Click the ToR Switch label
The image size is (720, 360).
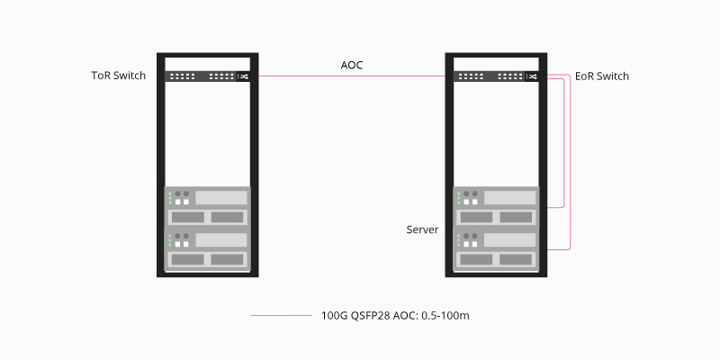click(x=118, y=76)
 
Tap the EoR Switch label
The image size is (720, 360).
click(x=602, y=76)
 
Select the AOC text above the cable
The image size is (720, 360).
click(x=352, y=65)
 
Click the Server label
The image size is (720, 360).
click(x=422, y=230)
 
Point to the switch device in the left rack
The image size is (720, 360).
click(x=207, y=76)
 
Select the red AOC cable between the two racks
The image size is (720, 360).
click(x=351, y=76)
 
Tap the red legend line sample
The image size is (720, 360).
click(x=281, y=316)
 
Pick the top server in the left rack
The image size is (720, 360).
click(x=207, y=206)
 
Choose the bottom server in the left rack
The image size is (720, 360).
click(x=207, y=249)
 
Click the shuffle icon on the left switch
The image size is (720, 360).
click(x=243, y=76)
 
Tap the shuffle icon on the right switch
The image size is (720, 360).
click(x=533, y=76)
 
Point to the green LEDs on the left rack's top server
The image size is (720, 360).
click(x=169, y=197)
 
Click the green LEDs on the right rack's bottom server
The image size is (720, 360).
click(x=459, y=240)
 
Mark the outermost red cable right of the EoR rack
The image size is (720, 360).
click(x=571, y=162)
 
